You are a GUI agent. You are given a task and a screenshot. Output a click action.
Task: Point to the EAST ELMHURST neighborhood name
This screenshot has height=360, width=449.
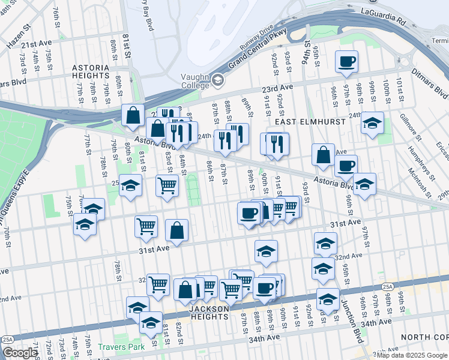[x=310, y=122]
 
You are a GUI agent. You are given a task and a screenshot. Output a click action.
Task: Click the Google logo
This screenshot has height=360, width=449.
[x=20, y=352]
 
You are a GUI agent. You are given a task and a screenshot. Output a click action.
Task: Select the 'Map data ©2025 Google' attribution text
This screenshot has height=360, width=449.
[x=412, y=355]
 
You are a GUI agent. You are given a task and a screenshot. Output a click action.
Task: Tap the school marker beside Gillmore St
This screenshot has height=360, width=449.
[x=372, y=124]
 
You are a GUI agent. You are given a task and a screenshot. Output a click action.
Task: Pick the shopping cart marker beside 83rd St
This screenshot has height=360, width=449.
[x=166, y=185]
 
